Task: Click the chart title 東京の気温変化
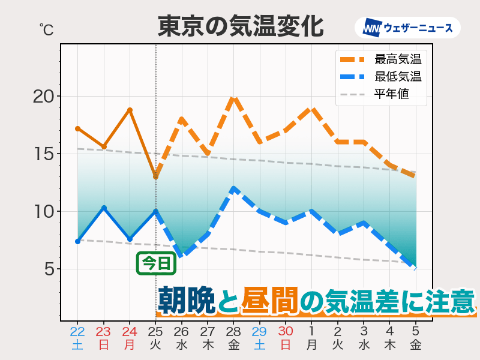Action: tap(241, 27)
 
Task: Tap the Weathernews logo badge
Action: tap(407, 28)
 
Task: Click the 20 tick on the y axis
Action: tap(44, 97)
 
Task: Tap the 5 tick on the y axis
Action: tap(49, 269)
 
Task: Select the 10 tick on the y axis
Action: tap(44, 212)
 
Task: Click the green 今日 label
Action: tap(155, 263)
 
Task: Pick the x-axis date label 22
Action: tap(77, 331)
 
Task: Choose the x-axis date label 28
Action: tap(233, 331)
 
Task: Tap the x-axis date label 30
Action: tap(286, 331)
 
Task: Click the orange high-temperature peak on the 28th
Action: tap(233, 97)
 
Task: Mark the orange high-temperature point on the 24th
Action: tap(130, 110)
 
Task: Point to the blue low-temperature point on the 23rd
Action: tap(104, 208)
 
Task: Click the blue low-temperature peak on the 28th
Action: tap(233, 188)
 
